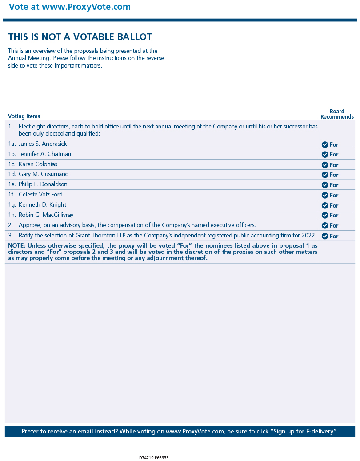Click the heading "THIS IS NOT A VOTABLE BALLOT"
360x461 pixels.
pos(80,37)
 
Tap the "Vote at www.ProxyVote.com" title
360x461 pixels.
pos(70,7)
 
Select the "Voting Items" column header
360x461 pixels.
pos(24,116)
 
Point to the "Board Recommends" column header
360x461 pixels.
pos(337,114)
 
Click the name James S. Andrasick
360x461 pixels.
pos(43,144)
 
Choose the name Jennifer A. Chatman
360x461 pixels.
pos(45,154)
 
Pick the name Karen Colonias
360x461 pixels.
pos(38,164)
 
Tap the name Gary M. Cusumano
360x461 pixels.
pos(44,174)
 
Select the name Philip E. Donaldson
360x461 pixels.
pos(43,184)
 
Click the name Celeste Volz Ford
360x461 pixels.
pos(40,195)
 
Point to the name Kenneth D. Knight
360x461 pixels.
pos(42,205)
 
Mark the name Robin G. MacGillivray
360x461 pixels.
pos(46,215)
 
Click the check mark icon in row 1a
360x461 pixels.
pos(325,144)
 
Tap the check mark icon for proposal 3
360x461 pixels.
pos(325,236)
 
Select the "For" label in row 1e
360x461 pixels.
pos(334,185)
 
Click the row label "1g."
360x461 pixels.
pos(12,205)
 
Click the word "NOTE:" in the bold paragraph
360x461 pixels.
pos(17,246)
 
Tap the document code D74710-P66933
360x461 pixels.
pos(154,457)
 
